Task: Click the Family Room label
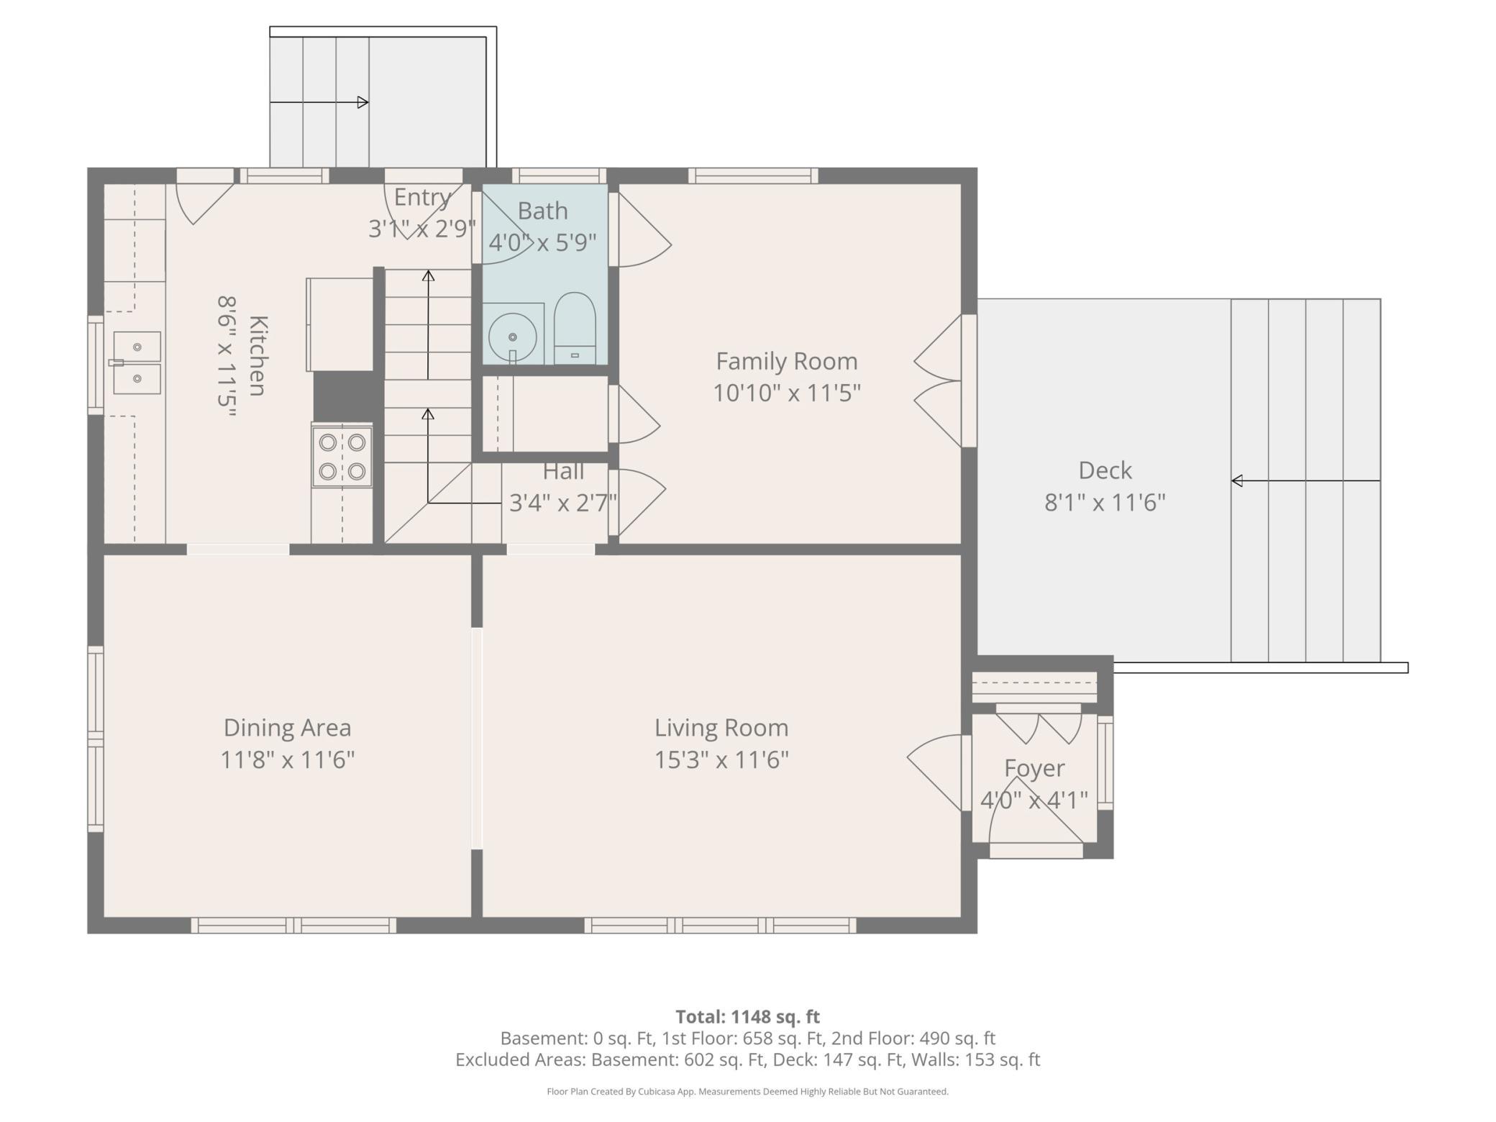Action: tap(787, 360)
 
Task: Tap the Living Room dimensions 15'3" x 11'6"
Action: tap(721, 760)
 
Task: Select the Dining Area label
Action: tap(287, 727)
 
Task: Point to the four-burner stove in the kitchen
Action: tap(342, 457)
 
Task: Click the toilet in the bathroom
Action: tap(575, 328)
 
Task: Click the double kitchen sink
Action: tap(137, 362)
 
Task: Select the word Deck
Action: tap(1105, 470)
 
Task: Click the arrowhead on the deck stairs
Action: tap(1237, 480)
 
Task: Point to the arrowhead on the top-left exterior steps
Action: tap(363, 102)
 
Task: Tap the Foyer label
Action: tap(1034, 768)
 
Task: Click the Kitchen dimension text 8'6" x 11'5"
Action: tap(227, 357)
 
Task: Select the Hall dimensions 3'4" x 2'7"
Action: tap(563, 502)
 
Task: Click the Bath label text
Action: tap(542, 211)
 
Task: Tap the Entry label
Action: tap(422, 197)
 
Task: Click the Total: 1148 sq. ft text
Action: tap(747, 1016)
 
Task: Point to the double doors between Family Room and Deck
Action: tap(939, 380)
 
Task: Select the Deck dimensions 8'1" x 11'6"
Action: tap(1105, 502)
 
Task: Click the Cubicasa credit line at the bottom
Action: tap(747, 1091)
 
